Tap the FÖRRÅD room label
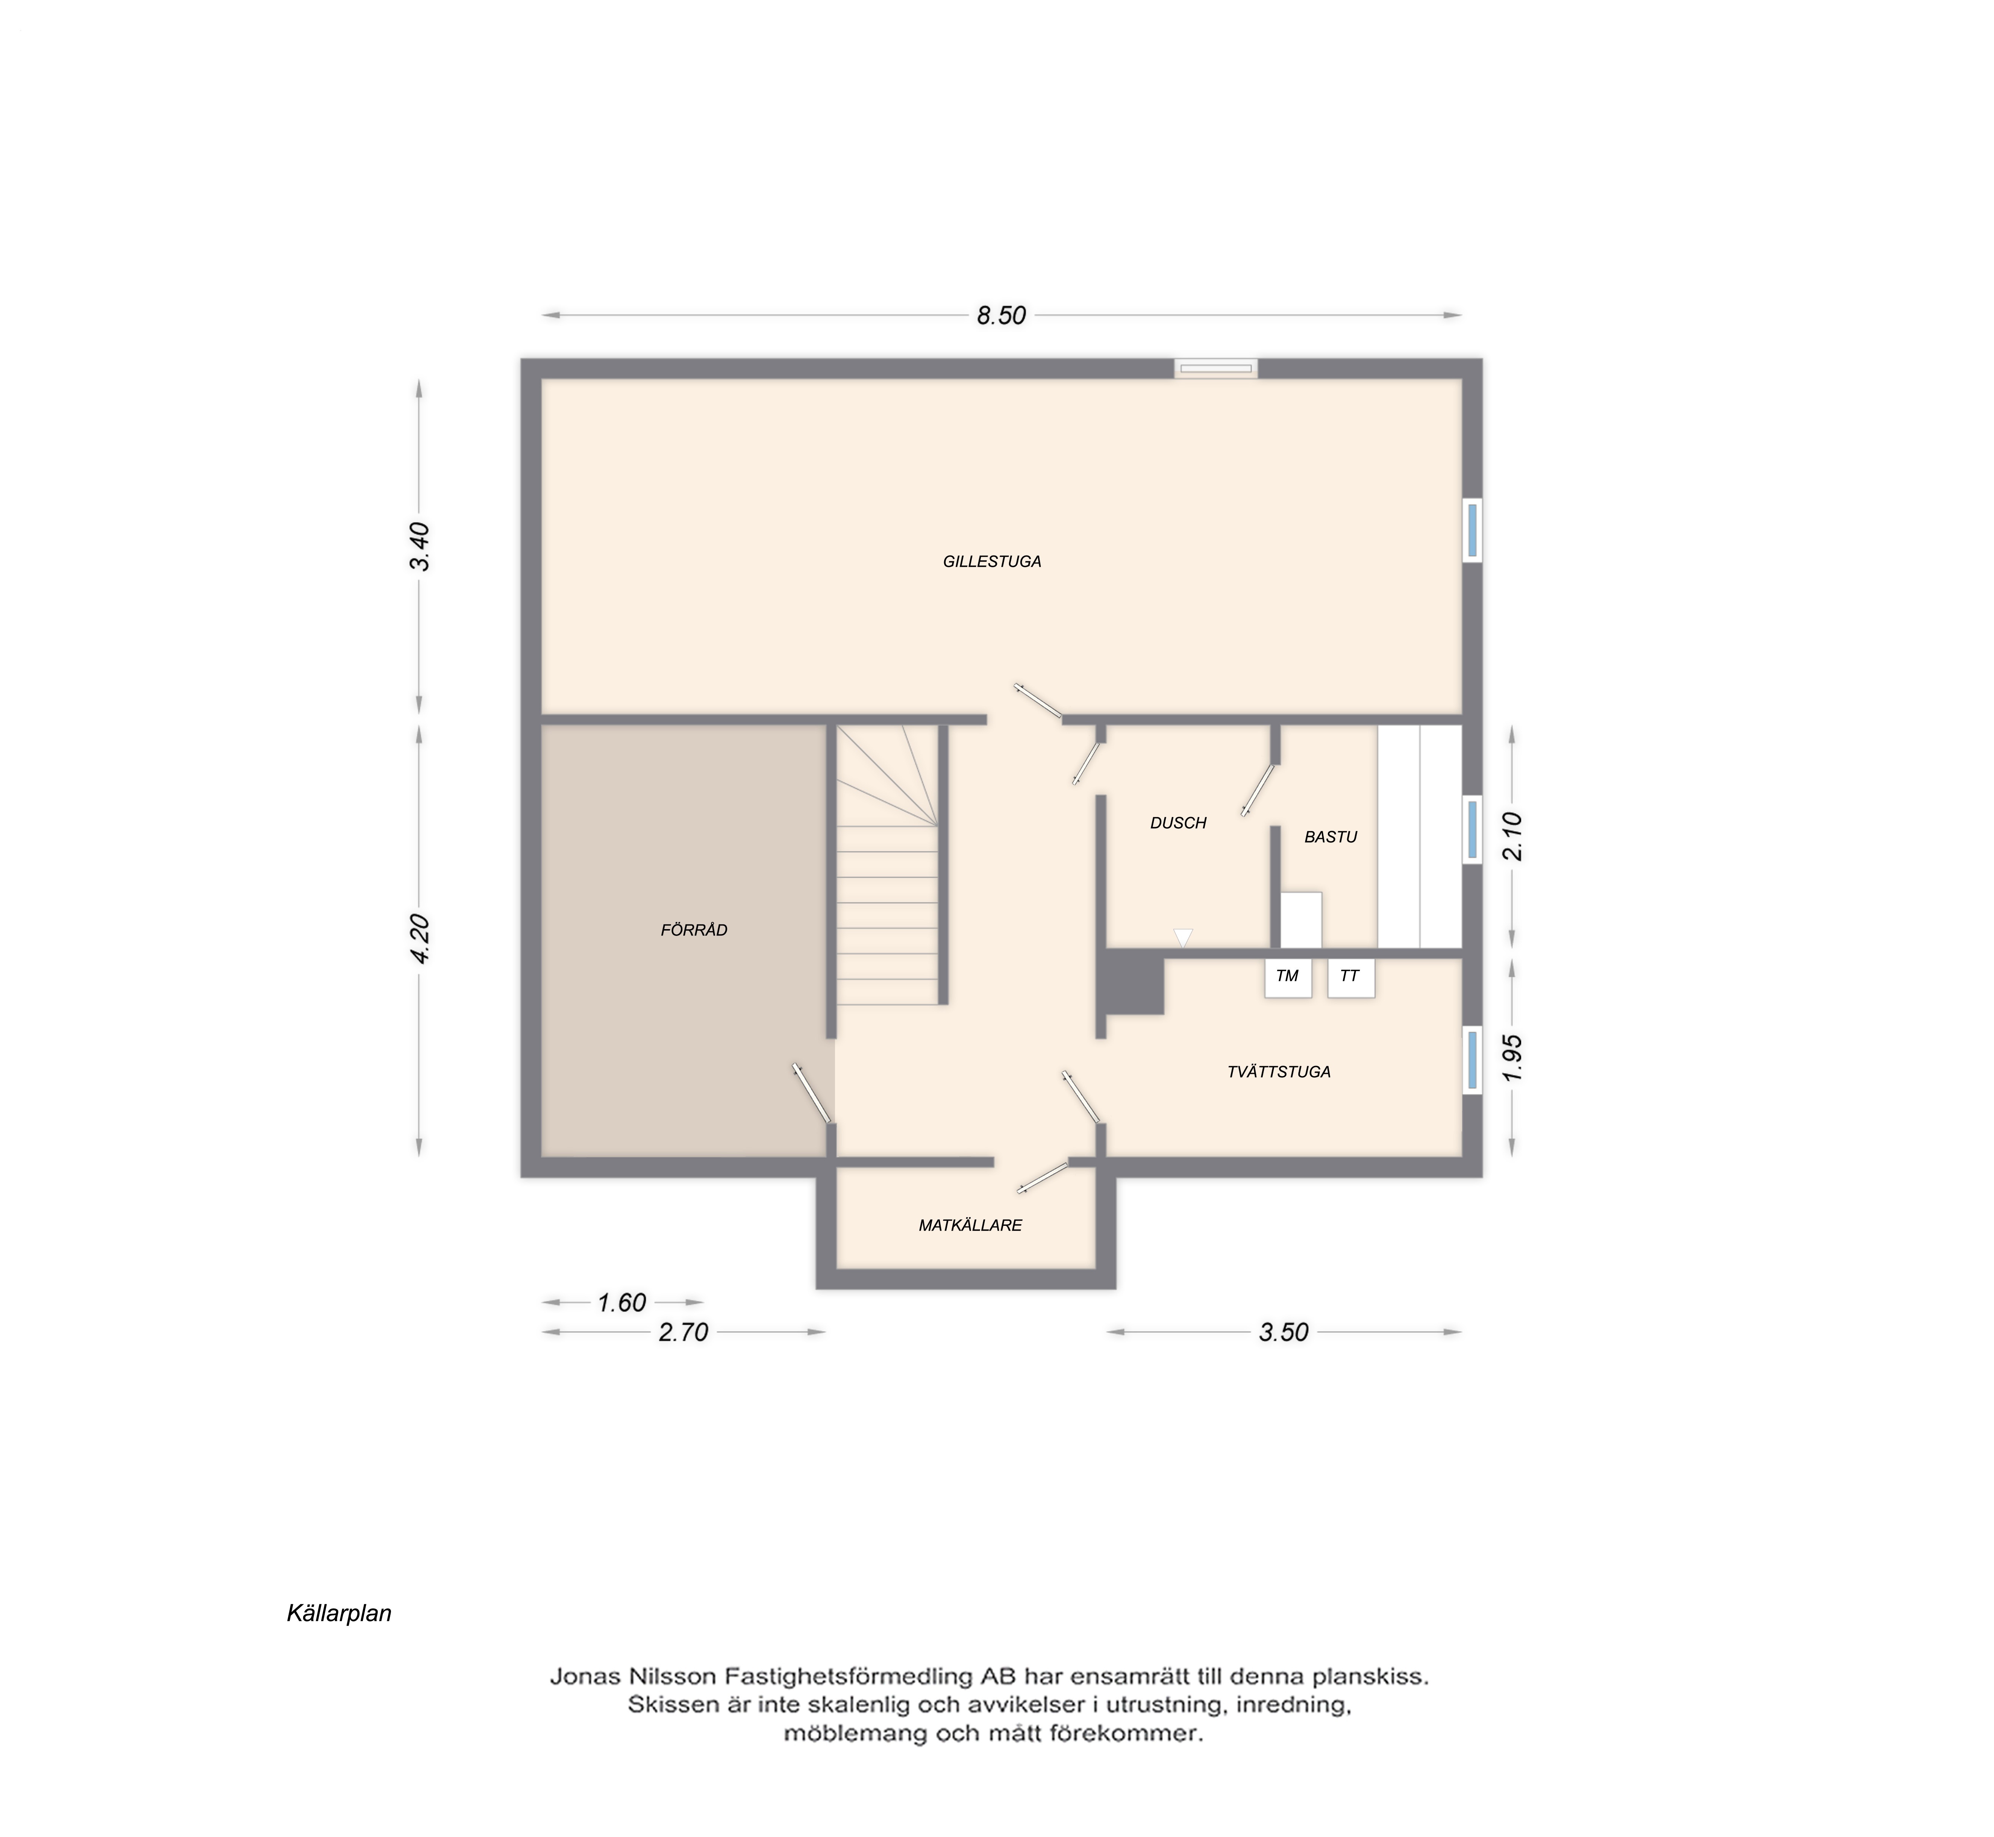click(x=694, y=930)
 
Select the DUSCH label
click(x=1178, y=823)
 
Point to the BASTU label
click(x=1330, y=837)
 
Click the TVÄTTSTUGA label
click(x=1278, y=1072)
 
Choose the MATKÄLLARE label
click(x=970, y=1226)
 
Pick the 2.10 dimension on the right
click(x=1512, y=836)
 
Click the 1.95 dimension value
click(x=1512, y=1059)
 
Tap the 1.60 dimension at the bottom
click(x=622, y=1302)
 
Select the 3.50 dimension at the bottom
click(x=1283, y=1332)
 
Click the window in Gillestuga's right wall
click(x=1472, y=530)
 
